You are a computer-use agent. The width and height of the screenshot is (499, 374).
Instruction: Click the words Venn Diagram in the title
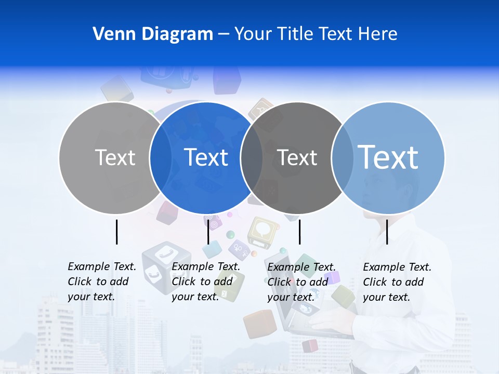point(153,34)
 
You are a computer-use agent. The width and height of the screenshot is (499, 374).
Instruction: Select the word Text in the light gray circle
point(115,157)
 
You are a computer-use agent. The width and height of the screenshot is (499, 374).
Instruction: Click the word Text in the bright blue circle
point(206,157)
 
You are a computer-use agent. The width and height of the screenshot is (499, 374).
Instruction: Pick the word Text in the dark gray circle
point(297,157)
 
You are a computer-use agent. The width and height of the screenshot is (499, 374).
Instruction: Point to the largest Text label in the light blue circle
point(388,157)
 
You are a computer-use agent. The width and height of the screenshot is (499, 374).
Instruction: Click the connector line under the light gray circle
point(116,232)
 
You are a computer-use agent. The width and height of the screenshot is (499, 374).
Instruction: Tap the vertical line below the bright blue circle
point(208,232)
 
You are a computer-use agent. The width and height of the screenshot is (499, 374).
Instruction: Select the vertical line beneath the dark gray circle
point(299,232)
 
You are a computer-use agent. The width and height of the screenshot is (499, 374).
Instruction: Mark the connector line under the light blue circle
point(387,232)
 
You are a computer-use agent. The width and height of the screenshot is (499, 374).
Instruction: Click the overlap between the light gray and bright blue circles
point(161,158)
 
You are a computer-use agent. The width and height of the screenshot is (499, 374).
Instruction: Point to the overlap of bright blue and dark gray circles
point(252,158)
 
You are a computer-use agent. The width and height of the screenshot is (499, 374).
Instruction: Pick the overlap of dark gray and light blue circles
point(342,158)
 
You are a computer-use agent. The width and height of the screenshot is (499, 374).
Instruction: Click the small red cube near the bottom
point(310,345)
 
